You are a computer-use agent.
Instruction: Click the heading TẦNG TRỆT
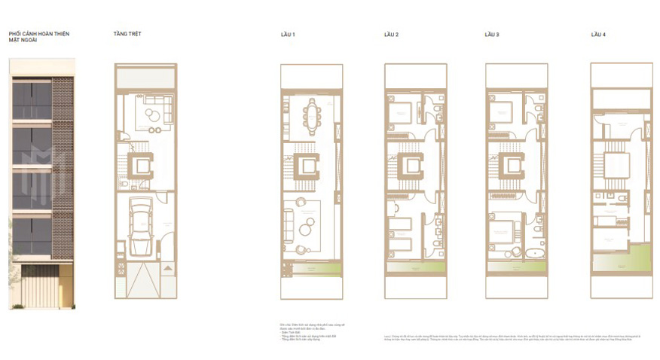pos(127,34)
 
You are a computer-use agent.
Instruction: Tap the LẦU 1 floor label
pos(289,35)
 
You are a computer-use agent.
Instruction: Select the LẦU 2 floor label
pos(391,35)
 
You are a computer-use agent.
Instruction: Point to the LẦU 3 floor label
pos(493,35)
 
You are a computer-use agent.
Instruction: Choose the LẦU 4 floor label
pos(598,35)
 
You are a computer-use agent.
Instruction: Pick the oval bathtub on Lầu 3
pos(534,253)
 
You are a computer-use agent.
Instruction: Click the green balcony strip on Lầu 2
pos(416,267)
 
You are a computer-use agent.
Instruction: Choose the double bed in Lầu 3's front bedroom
pos(503,231)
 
